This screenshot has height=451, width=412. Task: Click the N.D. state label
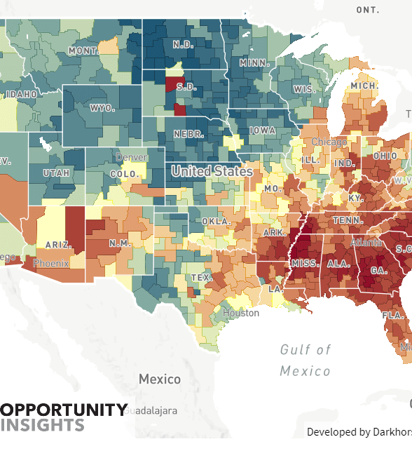(182, 45)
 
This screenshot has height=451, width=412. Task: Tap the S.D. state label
(186, 88)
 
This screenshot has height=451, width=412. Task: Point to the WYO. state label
(102, 108)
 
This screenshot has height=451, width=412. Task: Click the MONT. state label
(83, 51)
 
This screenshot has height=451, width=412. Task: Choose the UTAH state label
(56, 172)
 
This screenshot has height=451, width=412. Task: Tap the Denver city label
(131, 157)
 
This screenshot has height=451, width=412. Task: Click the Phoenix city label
(51, 264)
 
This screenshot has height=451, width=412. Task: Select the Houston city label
(240, 313)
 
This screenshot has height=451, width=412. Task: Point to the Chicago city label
(329, 142)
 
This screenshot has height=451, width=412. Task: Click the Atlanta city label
(366, 243)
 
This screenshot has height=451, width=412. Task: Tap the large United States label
(212, 170)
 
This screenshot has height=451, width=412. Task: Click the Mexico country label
(159, 379)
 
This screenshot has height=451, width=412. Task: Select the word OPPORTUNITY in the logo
(64, 410)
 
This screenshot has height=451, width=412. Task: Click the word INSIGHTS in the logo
(43, 425)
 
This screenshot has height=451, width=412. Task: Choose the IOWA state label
(263, 130)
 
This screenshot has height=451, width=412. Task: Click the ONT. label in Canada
(367, 9)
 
